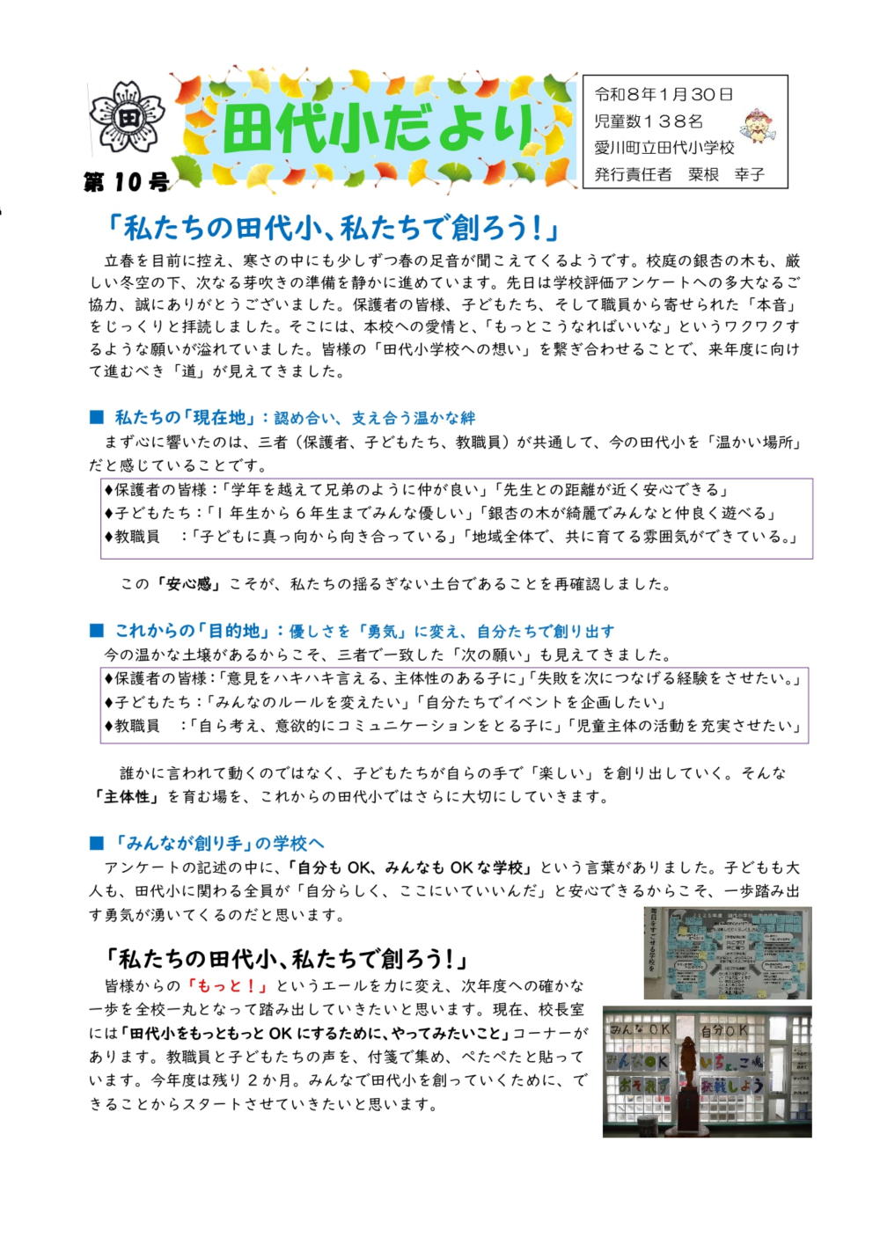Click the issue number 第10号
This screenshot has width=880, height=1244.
coord(126,182)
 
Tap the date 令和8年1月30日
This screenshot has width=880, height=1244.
coord(664,94)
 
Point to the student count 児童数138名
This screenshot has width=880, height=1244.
coord(649,121)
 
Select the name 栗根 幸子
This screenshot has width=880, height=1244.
coord(726,174)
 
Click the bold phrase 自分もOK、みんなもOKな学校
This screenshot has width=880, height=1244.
coord(409,867)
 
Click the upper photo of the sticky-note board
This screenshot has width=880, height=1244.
coord(727,953)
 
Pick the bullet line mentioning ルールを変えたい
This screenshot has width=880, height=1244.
coord(385,702)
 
